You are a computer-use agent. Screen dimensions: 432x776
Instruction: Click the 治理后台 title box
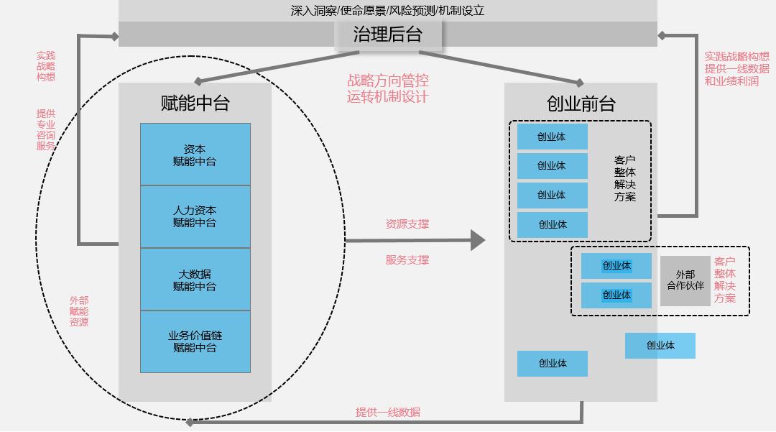click(x=387, y=34)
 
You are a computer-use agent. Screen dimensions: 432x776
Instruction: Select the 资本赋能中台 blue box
click(x=195, y=155)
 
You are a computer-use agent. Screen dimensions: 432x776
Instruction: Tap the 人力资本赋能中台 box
click(x=195, y=216)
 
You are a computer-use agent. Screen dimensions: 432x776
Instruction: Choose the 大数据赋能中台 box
click(x=195, y=280)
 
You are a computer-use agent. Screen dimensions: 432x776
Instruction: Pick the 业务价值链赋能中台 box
click(x=195, y=341)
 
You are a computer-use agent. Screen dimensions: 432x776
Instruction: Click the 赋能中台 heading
click(x=195, y=104)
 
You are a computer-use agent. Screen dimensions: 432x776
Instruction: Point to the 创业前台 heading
click(x=581, y=104)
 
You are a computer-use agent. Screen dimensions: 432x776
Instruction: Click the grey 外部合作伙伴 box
click(x=685, y=280)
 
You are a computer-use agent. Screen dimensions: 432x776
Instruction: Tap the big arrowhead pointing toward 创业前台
click(x=478, y=240)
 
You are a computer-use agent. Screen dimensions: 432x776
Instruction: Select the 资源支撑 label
click(x=407, y=224)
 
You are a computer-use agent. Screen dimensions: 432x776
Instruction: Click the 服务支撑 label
click(x=407, y=259)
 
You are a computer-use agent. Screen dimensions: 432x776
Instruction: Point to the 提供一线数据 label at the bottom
click(x=387, y=412)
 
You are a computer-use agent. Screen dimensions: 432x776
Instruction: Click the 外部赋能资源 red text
click(x=79, y=311)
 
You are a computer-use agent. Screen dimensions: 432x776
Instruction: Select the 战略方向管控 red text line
click(x=388, y=81)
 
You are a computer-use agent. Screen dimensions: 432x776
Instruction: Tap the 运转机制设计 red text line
click(x=388, y=96)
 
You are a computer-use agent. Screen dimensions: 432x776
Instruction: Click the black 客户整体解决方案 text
click(x=624, y=178)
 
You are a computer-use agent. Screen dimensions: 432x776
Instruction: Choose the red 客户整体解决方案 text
click(x=724, y=280)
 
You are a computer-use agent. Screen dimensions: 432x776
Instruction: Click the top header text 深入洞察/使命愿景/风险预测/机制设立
click(x=387, y=11)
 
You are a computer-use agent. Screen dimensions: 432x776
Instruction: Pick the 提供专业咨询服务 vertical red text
click(x=46, y=129)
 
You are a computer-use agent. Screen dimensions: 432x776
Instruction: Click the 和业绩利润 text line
click(x=731, y=81)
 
